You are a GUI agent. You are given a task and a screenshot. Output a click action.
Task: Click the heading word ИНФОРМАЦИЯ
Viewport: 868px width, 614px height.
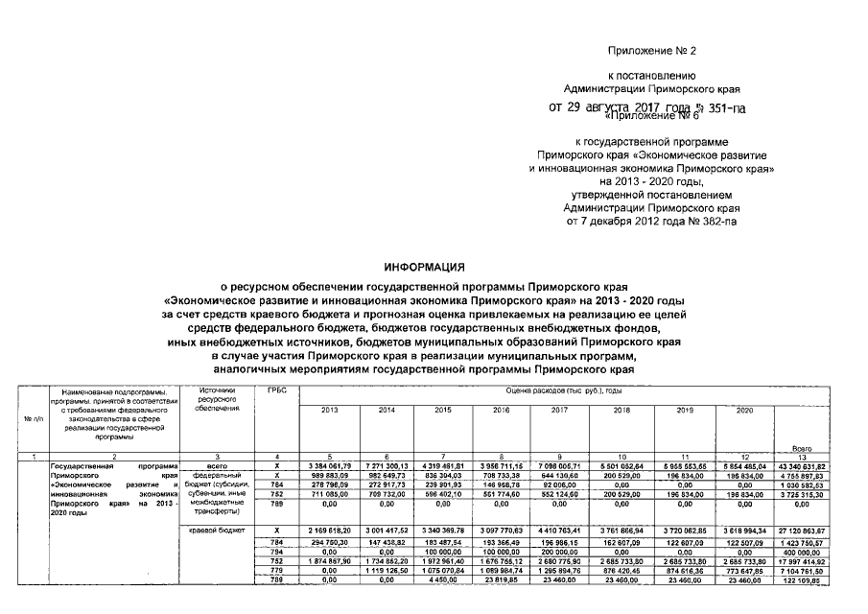coord(424,267)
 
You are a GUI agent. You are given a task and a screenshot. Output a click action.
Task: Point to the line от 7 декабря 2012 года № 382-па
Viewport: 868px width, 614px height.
coord(651,222)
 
